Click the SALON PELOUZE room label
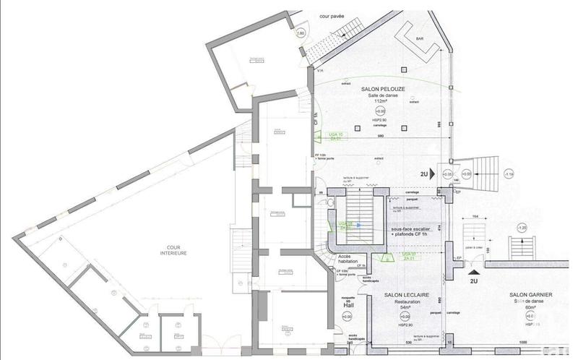coord(382,87)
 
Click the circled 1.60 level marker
coord(301,33)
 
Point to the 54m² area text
coord(395,308)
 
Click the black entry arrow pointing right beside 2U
coord(431,173)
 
